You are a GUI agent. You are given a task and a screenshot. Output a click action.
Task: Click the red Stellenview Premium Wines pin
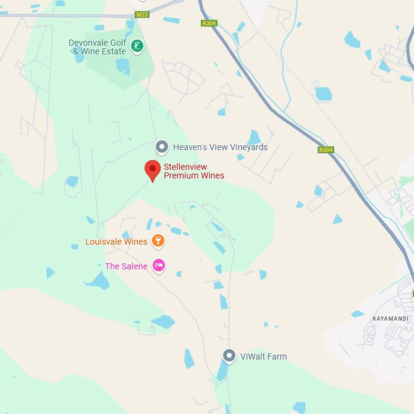pos(152,170)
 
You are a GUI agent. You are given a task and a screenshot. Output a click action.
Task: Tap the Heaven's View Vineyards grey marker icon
pos(162,147)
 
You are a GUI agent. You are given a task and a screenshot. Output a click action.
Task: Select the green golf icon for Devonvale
pos(137,46)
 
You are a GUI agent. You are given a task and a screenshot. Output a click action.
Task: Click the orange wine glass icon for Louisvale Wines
pos(158,240)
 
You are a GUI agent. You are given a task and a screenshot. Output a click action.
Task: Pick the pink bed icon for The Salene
pos(159,266)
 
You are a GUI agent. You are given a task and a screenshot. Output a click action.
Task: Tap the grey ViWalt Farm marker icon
pos(229,356)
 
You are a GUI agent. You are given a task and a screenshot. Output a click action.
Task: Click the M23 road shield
pos(142,15)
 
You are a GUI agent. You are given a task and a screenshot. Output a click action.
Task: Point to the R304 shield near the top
pos(209,23)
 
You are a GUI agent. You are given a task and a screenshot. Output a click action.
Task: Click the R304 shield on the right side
pos(326,150)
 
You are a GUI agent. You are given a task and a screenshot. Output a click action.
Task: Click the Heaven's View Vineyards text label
pos(220,147)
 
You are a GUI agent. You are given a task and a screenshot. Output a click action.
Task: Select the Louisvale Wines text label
pos(116,242)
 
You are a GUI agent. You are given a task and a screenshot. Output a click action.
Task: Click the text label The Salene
pos(126,266)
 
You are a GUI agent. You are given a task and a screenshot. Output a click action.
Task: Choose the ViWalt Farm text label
pos(263,357)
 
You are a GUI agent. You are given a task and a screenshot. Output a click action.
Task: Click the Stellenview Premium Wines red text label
pos(193,171)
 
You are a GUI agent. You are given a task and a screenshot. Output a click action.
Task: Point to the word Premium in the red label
pos(179,175)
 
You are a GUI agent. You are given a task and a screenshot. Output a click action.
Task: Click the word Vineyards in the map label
pos(248,147)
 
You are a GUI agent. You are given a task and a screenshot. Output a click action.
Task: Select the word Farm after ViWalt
pos(277,357)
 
